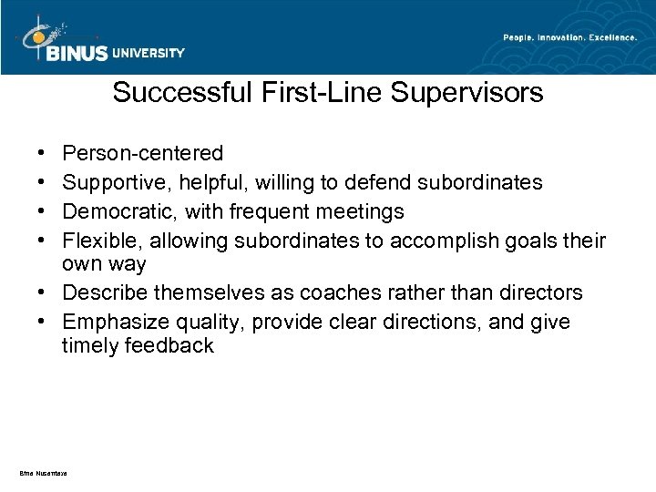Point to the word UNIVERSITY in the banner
149,52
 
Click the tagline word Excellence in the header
608,36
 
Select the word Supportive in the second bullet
112,183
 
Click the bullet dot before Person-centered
45,152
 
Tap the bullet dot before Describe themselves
45,292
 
